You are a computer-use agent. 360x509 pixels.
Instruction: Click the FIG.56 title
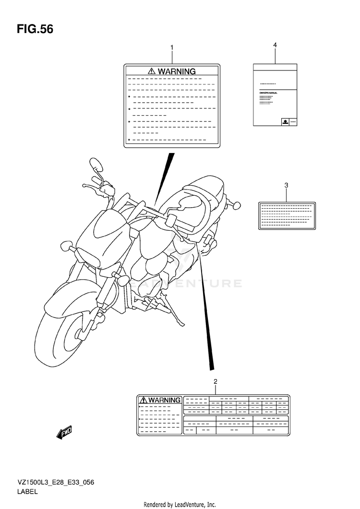coord(35,29)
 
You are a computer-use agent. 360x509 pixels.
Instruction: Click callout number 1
coord(172,47)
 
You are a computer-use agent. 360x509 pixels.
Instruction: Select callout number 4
coord(275,45)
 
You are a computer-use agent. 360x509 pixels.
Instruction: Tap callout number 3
coord(286,185)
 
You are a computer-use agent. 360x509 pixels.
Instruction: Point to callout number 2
coord(216,382)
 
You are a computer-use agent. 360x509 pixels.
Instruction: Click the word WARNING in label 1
coord(177,71)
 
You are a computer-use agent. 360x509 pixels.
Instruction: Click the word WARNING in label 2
coord(164,400)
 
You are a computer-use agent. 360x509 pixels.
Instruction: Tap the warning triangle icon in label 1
coord(152,71)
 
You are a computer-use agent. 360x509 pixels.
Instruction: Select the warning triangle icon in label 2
coord(143,400)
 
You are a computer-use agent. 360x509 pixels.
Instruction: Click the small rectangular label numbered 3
coord(287,215)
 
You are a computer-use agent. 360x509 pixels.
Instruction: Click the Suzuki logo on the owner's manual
coord(285,122)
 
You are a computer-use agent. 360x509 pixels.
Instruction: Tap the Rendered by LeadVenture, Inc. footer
coord(180,505)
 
